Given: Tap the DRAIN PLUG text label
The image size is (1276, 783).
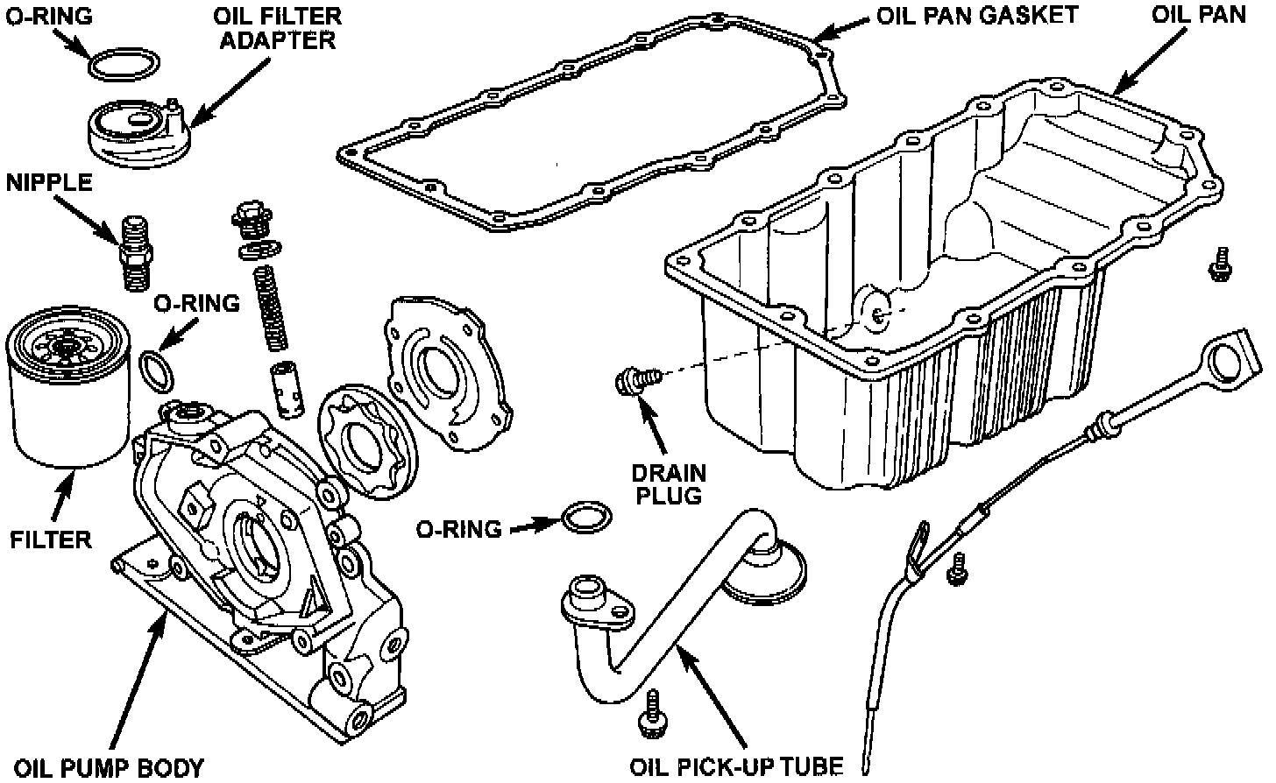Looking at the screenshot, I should pos(669,485).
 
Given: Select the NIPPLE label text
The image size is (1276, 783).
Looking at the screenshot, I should pos(49,182).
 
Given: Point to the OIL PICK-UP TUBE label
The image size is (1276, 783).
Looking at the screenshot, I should pos(736,767).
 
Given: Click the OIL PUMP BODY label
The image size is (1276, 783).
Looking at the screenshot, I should pos(110,768).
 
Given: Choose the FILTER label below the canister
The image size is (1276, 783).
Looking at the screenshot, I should pos(51,540).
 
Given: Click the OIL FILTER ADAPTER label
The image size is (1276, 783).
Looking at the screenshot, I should pos(278,28).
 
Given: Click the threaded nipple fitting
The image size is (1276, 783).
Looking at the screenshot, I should pos(134,252).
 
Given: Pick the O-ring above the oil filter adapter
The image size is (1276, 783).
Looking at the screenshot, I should pos(125,65).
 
